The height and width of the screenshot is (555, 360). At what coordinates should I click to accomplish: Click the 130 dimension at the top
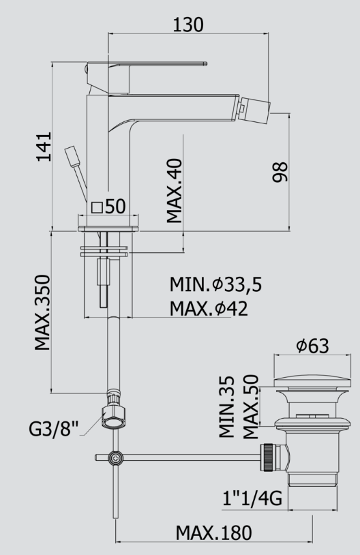click(x=188, y=25)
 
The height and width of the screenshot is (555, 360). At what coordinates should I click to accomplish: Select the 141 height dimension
click(x=44, y=147)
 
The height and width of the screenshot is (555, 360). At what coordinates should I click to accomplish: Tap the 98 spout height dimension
click(x=280, y=172)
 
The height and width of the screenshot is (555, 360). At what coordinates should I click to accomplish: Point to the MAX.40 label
click(x=174, y=191)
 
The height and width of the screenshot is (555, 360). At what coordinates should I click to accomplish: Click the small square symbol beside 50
click(x=97, y=207)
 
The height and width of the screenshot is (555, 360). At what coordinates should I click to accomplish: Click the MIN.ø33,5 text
click(x=216, y=284)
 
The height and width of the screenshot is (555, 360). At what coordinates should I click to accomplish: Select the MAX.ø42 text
click(x=209, y=308)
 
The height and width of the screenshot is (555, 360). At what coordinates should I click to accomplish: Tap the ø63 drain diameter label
click(x=312, y=346)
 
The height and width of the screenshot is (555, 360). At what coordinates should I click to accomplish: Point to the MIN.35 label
click(x=226, y=406)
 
